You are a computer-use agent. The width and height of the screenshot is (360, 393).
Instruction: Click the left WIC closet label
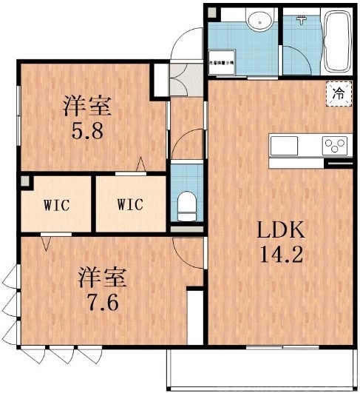point(55,205)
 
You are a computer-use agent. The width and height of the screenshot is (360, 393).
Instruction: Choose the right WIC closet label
point(129,205)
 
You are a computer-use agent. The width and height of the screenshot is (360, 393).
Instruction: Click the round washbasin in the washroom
point(259,21)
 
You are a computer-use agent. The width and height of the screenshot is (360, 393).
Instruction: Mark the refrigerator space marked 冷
point(338,94)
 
